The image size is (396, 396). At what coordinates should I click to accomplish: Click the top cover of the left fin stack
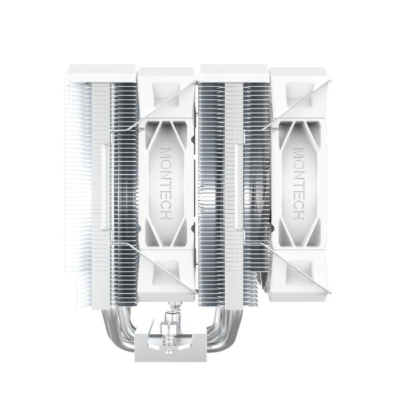(x=102, y=73)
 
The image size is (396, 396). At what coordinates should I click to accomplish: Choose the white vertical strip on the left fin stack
(x=104, y=187)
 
